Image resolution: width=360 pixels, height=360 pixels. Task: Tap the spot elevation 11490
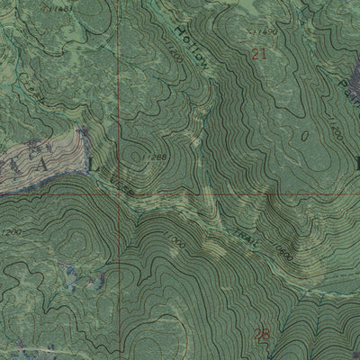(263, 31)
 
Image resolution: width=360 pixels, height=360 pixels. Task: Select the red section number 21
(260, 56)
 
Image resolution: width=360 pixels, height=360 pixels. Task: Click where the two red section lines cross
(118, 193)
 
